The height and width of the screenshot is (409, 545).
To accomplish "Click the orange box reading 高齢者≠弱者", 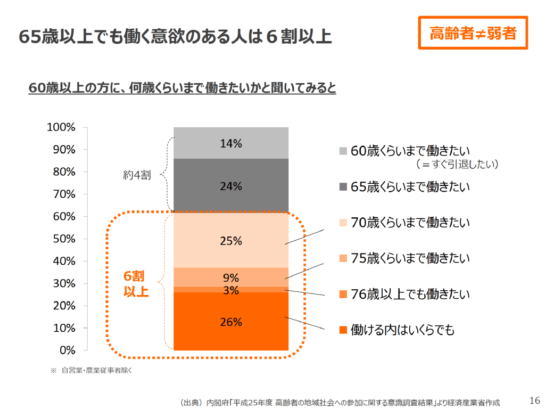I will tap(473, 34).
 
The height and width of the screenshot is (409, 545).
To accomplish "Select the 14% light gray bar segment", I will tap(231, 143).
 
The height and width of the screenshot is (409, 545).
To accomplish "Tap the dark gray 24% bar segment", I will tap(231, 186).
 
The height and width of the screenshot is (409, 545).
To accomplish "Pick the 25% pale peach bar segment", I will tap(231, 241).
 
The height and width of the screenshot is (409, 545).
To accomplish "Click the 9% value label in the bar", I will tap(231, 277).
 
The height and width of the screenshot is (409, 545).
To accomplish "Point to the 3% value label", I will tap(231, 290).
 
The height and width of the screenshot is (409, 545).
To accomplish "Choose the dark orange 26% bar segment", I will tap(231, 322).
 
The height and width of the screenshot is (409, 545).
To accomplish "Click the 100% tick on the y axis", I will tap(61, 127).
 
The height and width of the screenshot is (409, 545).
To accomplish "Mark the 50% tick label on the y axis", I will tap(64, 239).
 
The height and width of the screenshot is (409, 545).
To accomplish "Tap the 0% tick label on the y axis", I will tap(67, 350).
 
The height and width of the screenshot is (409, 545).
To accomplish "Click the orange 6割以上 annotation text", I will tap(136, 284).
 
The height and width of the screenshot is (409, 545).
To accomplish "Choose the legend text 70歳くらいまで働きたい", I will tap(410, 223).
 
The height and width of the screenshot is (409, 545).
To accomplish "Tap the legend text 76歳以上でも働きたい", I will tap(410, 294).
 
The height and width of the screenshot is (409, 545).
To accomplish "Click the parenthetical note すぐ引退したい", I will tap(457, 165).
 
